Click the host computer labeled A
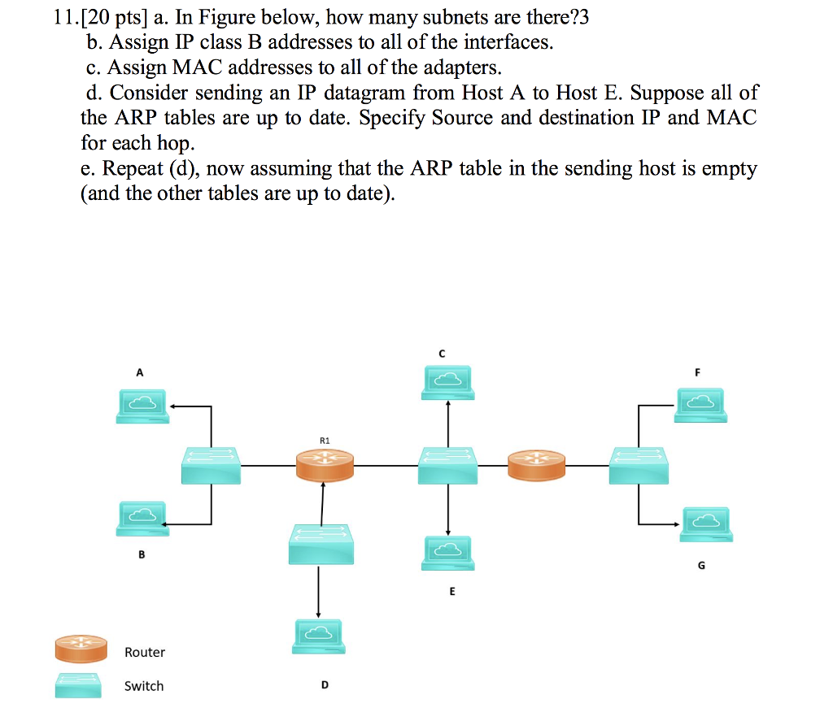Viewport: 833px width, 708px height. (x=142, y=405)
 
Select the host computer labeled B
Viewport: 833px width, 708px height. (x=142, y=518)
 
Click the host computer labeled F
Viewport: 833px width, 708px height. (x=700, y=405)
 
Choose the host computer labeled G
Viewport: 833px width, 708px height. (x=707, y=524)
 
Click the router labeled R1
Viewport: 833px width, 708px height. (x=324, y=465)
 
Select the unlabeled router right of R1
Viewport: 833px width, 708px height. (x=536, y=466)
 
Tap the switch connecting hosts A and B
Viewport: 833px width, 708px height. (x=211, y=466)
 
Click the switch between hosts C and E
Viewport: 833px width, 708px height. (x=447, y=466)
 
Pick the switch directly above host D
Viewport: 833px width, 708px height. (x=319, y=543)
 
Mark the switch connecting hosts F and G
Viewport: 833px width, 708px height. (x=639, y=466)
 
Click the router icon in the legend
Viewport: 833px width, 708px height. (x=81, y=648)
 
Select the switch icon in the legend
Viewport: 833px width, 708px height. (x=78, y=685)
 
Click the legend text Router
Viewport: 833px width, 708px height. (x=145, y=653)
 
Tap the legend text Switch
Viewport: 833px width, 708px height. (x=144, y=687)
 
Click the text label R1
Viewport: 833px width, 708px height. (x=324, y=440)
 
